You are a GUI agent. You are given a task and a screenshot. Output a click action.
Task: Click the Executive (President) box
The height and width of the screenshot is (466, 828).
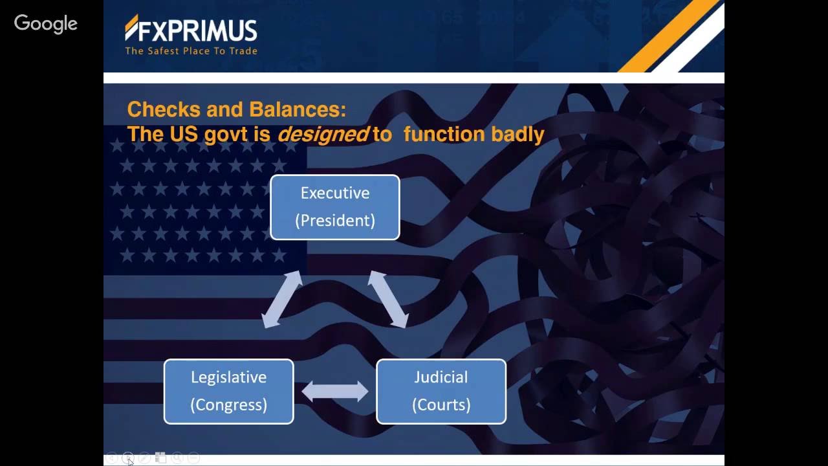tap(334, 207)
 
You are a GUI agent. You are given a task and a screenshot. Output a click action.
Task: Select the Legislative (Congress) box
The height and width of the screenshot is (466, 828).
tap(228, 392)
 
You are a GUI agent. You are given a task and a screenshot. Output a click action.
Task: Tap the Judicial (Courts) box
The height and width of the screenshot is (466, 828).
tap(441, 392)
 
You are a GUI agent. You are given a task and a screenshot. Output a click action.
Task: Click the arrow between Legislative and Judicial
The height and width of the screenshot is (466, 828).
tap(334, 391)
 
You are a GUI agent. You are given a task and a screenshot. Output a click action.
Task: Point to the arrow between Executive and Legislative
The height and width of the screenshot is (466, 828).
tap(282, 299)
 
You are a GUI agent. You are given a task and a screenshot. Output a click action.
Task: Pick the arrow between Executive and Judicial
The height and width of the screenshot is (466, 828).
tap(388, 299)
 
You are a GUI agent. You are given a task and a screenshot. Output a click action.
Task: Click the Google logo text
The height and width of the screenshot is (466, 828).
tap(46, 24)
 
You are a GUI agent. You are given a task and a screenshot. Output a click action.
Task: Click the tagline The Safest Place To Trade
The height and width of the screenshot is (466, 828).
tap(191, 51)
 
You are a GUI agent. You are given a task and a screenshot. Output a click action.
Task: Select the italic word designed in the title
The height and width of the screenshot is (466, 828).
tap(323, 134)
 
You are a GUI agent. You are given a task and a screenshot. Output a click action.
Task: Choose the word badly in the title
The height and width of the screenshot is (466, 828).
tap(517, 134)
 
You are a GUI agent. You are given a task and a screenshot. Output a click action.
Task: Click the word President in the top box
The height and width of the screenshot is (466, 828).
tap(334, 220)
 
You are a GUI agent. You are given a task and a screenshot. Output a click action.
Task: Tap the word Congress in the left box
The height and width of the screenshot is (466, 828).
tap(228, 405)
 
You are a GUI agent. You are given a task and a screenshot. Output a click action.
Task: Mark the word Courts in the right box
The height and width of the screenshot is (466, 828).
tap(441, 405)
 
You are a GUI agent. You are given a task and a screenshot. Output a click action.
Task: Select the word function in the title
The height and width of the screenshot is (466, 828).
tap(444, 134)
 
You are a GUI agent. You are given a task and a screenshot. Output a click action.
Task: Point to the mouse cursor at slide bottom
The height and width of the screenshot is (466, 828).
tap(130, 460)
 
